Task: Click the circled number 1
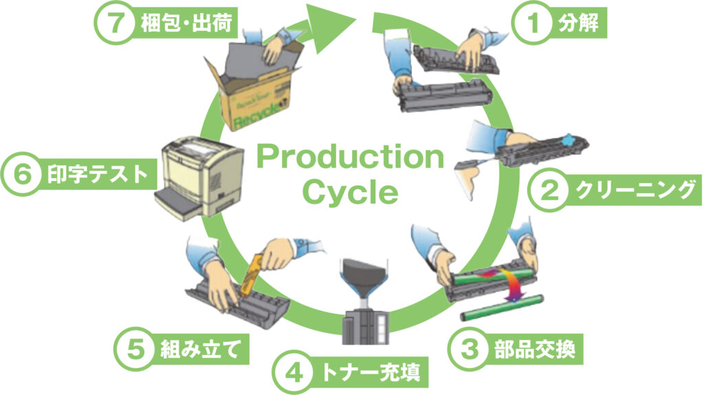[x=531, y=24]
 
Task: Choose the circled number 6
[x=22, y=175]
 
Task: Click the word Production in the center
[x=350, y=158]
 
